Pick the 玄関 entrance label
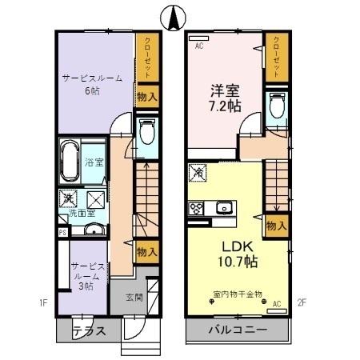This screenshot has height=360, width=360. (x=134, y=298)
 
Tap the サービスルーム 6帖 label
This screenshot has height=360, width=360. (x=92, y=85)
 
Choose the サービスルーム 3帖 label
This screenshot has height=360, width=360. (x=84, y=274)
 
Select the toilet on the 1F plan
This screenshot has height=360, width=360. (x=147, y=131)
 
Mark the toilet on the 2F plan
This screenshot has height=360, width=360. (x=276, y=106)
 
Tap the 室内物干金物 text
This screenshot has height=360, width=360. (x=238, y=294)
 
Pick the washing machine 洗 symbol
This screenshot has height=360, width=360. (x=70, y=198)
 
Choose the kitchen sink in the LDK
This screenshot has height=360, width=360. (x=223, y=208)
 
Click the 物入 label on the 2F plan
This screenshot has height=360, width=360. (x=276, y=226)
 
